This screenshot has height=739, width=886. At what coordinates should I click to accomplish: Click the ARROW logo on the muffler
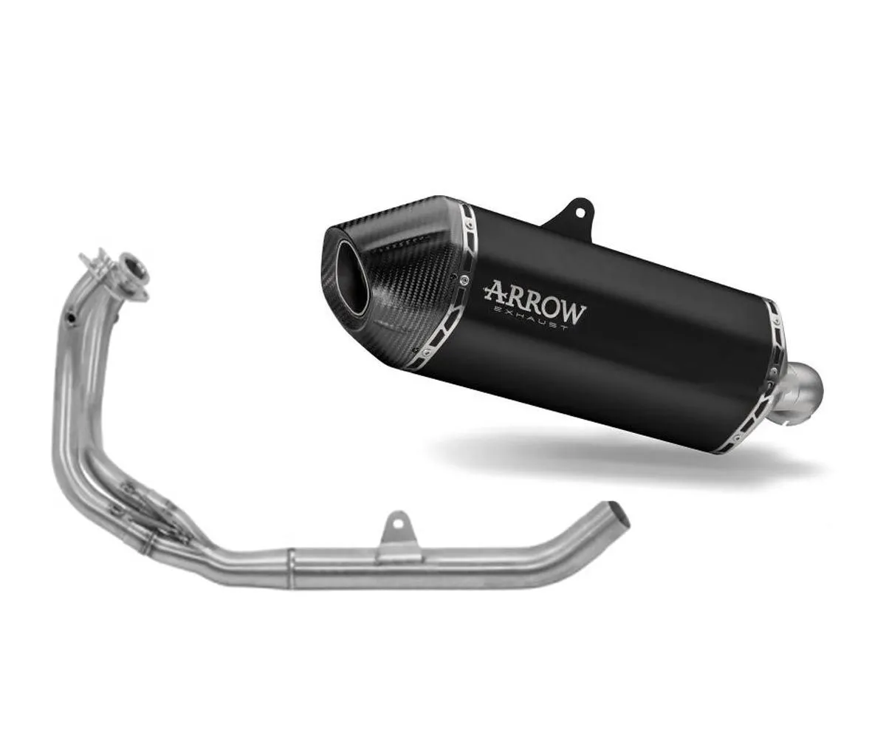535,299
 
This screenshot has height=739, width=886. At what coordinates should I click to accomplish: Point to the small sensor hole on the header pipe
70,319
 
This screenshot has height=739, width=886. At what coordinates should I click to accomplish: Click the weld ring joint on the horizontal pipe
291,569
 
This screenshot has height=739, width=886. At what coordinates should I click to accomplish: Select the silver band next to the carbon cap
447,296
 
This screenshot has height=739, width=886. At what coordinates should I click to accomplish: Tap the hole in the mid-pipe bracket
398,523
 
